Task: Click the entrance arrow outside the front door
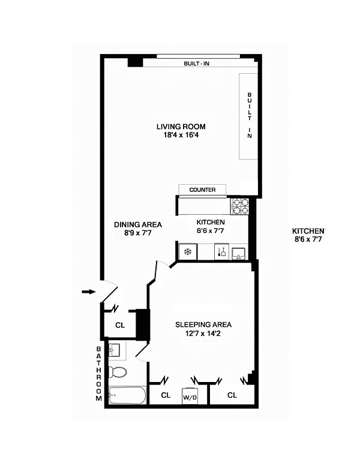coord(89,292)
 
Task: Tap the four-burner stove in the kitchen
coord(240,206)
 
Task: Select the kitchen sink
coord(238,254)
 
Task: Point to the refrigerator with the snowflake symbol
coord(188,252)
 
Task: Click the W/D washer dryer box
coord(190,396)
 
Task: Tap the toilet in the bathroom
coord(118,371)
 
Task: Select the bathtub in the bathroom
coord(127,395)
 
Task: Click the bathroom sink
coord(114,350)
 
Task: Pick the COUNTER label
coord(202,190)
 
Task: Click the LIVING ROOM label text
coord(181,127)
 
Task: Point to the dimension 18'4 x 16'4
coord(181,135)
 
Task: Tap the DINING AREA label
coord(138,225)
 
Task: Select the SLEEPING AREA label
coord(203,325)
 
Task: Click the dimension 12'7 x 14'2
coord(203,333)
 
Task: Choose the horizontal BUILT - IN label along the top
coord(196,64)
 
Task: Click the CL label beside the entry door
coord(120,326)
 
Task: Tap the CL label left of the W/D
coord(166,395)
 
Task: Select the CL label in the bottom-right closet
coord(232,395)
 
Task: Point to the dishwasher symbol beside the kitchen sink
coord(222,252)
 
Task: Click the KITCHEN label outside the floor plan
coord(308,232)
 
